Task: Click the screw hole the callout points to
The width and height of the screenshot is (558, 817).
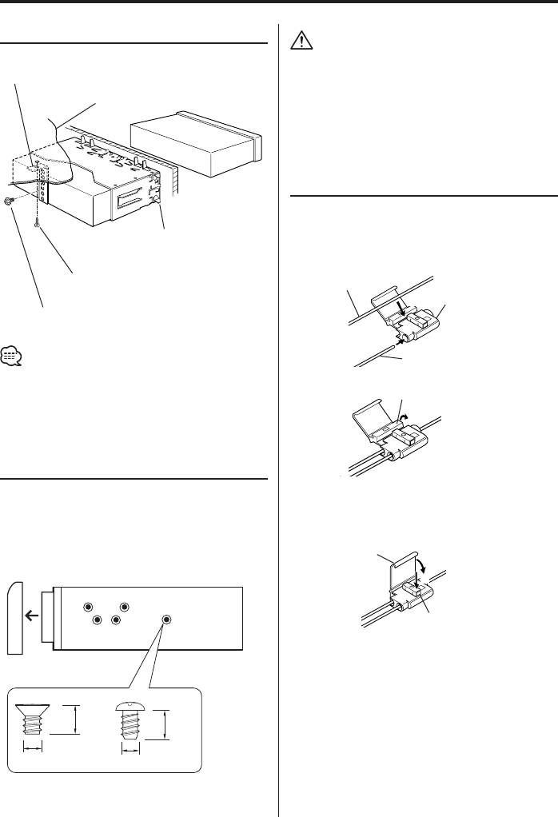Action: click(166, 619)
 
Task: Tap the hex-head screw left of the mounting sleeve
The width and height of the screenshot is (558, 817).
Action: click(9, 201)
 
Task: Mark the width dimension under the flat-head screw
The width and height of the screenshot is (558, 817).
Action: click(32, 749)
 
